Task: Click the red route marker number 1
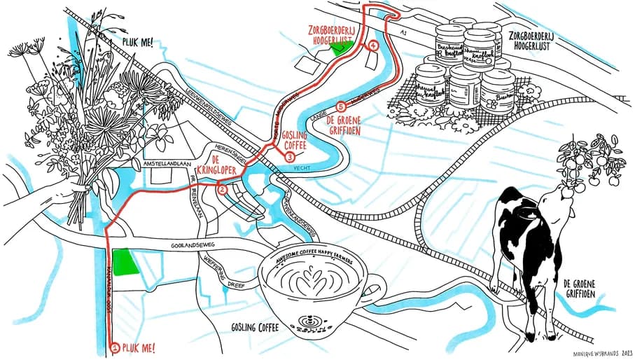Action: pos(115,347)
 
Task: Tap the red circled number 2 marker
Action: pos(222,189)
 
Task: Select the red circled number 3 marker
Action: pos(290,158)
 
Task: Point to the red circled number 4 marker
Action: pos(373,46)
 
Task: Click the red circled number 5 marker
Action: pos(341,107)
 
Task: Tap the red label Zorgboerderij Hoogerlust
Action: pos(340,35)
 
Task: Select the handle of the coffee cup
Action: pos(374,288)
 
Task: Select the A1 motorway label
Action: pos(403,34)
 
